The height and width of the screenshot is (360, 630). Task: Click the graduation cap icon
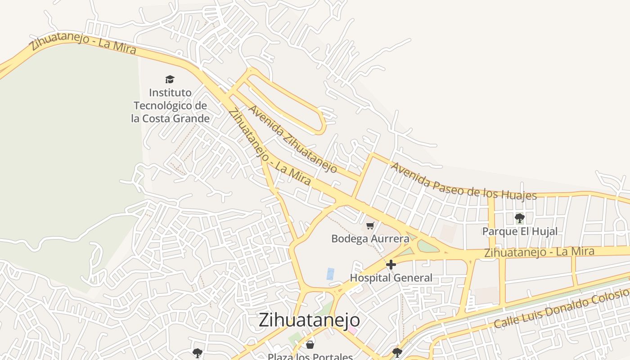tap(170, 80)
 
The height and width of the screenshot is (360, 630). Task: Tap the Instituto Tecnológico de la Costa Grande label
tap(171, 106)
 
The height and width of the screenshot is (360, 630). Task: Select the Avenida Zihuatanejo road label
tap(292, 139)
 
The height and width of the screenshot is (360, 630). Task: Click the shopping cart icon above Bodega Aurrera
tap(370, 226)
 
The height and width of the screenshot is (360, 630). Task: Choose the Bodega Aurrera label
tap(370, 238)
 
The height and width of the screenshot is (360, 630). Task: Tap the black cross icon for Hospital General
tap(391, 265)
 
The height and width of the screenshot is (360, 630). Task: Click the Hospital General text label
tap(391, 278)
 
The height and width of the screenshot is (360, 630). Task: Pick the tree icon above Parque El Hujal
tap(520, 219)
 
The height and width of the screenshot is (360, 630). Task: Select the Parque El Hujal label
tap(520, 231)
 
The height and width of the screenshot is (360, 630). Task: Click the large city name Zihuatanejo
tap(309, 320)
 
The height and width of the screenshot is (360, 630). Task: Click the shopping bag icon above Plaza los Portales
tap(310, 345)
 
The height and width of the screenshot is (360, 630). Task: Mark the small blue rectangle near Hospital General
tap(331, 274)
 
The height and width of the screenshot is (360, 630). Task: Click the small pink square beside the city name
tap(352, 331)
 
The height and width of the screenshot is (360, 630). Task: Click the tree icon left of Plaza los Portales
tap(197, 353)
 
